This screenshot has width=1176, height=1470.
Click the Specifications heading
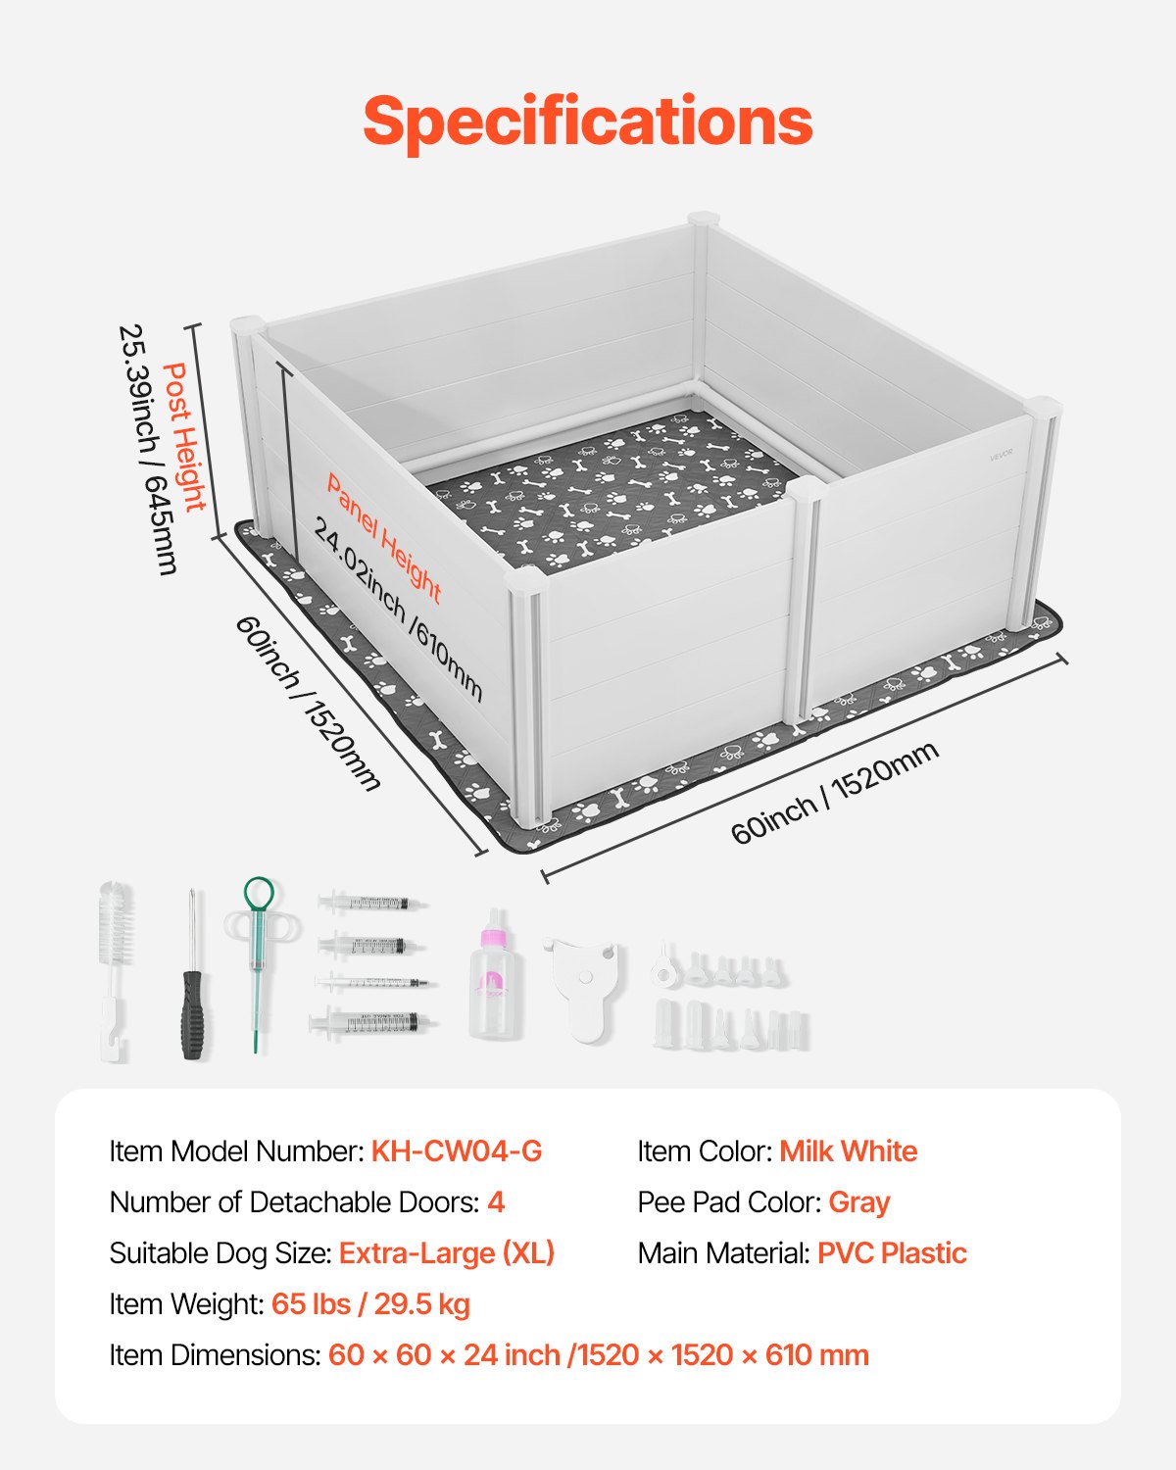pyautogui.click(x=588, y=121)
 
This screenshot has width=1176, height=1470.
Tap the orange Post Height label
pyautogui.click(x=184, y=436)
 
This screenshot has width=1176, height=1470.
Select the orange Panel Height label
pyautogui.click(x=384, y=538)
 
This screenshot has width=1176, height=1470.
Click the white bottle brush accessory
pyautogui.click(x=116, y=970)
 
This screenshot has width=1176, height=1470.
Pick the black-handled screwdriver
pyautogui.click(x=193, y=980)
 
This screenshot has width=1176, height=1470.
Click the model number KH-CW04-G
pyautogui.click(x=457, y=1151)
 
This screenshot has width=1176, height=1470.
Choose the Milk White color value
pyautogui.click(x=849, y=1151)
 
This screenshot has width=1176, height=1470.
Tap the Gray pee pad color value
pyautogui.click(x=859, y=1202)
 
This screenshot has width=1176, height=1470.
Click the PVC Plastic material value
pyautogui.click(x=892, y=1253)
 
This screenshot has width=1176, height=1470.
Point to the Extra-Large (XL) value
pyautogui.click(x=447, y=1253)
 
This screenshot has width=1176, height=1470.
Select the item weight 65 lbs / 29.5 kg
pyautogui.click(x=370, y=1304)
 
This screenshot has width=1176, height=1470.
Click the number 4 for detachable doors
pyautogui.click(x=496, y=1202)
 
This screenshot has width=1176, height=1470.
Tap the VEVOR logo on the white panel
pyautogui.click(x=1001, y=454)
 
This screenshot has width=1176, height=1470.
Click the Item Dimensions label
pyautogui.click(x=215, y=1355)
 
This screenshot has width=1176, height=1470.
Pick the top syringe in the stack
pyautogui.click(x=372, y=902)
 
